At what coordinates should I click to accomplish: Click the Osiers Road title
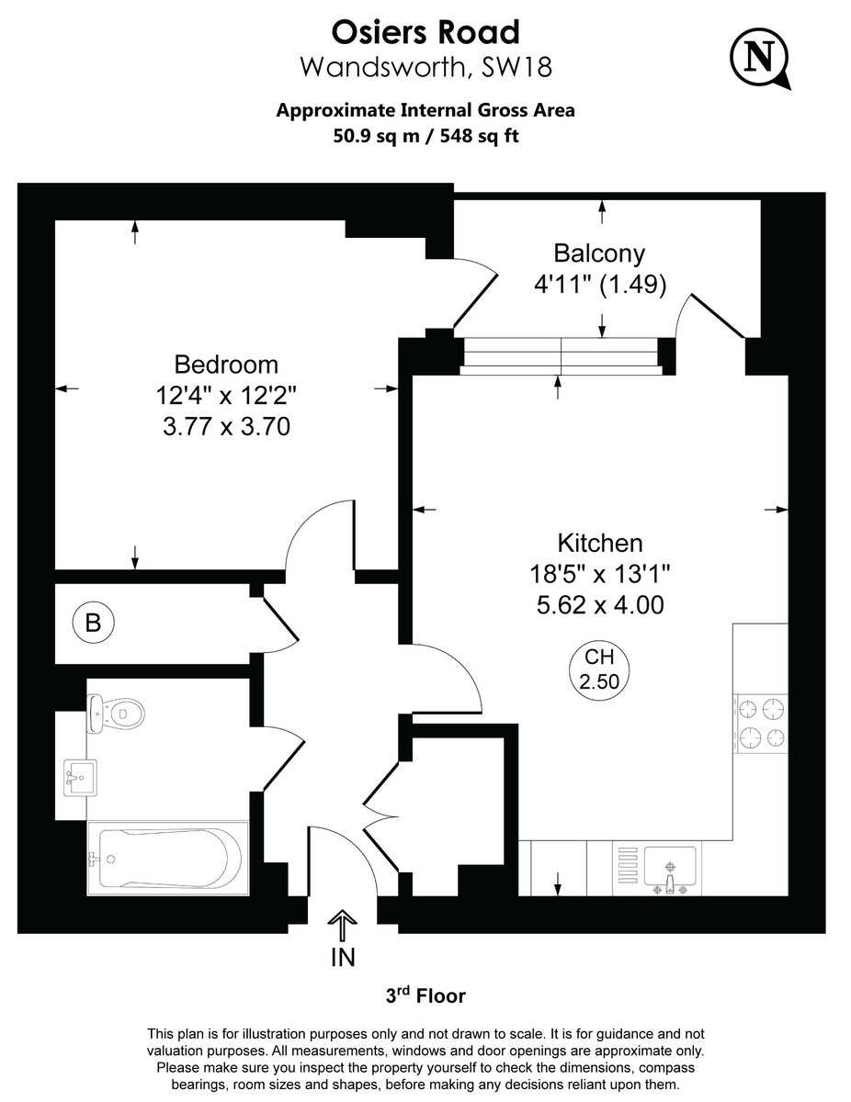pyautogui.click(x=425, y=32)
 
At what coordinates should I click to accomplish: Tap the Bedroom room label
pyautogui.click(x=226, y=365)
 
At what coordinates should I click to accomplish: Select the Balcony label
pyautogui.click(x=599, y=253)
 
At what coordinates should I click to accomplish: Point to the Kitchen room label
pyautogui.click(x=599, y=543)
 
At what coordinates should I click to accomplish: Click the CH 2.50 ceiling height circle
pyautogui.click(x=599, y=671)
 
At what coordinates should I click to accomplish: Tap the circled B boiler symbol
pyautogui.click(x=93, y=624)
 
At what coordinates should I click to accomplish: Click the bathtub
pyautogui.click(x=168, y=858)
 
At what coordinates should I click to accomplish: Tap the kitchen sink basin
pyautogui.click(x=670, y=865)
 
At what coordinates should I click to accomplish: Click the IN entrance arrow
pyautogui.click(x=342, y=926)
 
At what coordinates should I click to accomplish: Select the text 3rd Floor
pyautogui.click(x=425, y=995)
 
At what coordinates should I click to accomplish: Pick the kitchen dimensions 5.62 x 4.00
pyautogui.click(x=599, y=605)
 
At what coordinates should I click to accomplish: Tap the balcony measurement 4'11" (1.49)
pyautogui.click(x=599, y=285)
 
